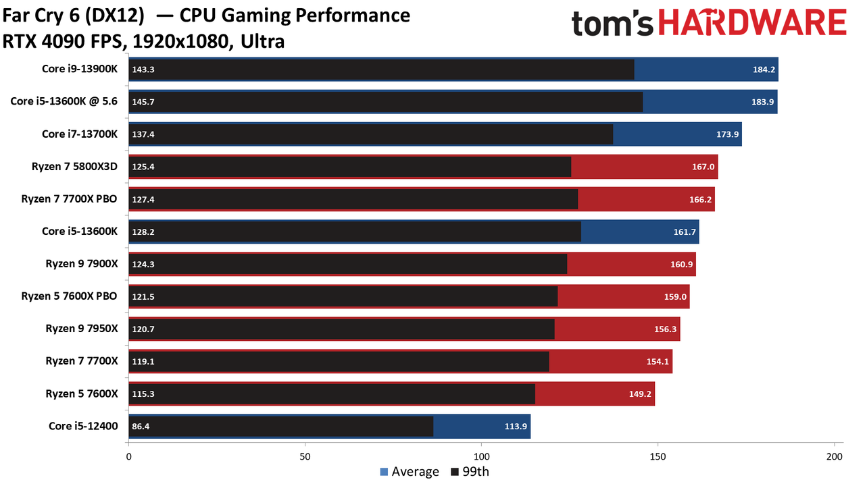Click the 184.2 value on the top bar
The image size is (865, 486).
[764, 70]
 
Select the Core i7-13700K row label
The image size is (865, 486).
[80, 134]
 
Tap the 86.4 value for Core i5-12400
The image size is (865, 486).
[141, 426]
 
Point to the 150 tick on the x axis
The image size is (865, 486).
[658, 457]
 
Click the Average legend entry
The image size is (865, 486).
[410, 471]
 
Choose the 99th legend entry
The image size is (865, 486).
[470, 471]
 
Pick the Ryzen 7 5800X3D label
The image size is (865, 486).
[74, 166]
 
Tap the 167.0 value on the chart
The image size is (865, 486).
[703, 167]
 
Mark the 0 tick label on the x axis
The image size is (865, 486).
[128, 457]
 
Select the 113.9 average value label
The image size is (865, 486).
[516, 426]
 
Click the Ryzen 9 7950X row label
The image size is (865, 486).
[82, 328]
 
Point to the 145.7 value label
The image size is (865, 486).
[143, 102]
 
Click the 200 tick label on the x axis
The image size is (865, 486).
[835, 457]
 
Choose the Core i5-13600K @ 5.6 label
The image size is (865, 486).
[64, 101]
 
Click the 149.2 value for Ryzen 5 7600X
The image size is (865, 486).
[640, 394]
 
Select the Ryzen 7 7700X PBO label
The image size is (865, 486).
[69, 198]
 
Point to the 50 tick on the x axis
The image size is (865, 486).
[305, 457]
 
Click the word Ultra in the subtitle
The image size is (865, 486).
[263, 42]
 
